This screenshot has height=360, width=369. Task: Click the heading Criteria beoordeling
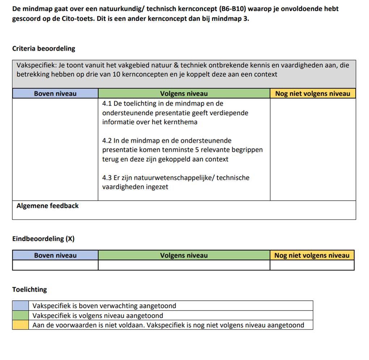click(43, 48)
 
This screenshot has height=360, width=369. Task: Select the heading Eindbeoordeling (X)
click(43, 239)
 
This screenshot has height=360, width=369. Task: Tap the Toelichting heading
click(29, 290)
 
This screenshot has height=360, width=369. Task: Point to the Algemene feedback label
click(47, 206)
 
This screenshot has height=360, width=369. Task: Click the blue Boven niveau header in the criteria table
click(55, 94)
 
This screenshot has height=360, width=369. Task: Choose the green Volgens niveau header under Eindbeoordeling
click(184, 255)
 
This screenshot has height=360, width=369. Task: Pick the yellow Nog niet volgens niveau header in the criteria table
click(313, 94)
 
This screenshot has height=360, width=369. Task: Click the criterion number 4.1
click(107, 104)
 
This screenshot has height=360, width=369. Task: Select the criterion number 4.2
click(107, 141)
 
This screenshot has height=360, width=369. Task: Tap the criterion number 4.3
click(107, 178)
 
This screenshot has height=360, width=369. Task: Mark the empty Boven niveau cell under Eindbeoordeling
click(55, 265)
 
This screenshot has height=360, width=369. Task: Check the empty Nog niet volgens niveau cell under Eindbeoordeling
click(312, 265)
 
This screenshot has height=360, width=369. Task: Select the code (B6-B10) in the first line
click(233, 9)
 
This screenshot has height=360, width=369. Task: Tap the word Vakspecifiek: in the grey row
click(36, 65)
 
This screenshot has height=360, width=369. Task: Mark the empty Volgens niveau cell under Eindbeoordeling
click(184, 265)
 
